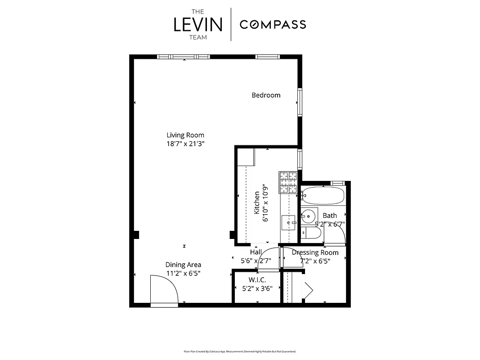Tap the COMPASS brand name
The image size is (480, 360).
(x=273, y=24)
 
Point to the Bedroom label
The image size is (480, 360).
(x=266, y=95)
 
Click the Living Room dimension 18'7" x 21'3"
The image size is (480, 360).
(x=185, y=144)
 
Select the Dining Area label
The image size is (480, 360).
(x=183, y=265)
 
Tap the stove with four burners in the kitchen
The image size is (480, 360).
(x=288, y=182)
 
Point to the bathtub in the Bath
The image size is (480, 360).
(x=323, y=196)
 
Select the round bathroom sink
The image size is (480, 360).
(x=309, y=216)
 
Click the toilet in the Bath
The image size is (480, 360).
(x=311, y=233)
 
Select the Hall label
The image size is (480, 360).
(x=256, y=252)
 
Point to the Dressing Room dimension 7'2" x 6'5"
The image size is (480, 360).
(x=315, y=261)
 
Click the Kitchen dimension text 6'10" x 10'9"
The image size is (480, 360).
(x=265, y=202)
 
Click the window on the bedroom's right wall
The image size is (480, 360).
(x=299, y=103)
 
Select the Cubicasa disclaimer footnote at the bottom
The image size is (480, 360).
(x=240, y=351)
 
